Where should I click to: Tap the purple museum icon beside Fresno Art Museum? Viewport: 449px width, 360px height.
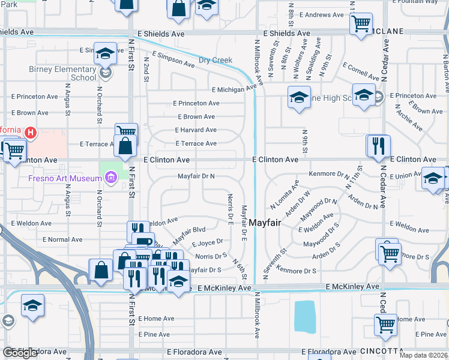110,178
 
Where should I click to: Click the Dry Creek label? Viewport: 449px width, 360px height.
215,60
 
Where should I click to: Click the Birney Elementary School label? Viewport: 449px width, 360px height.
63,73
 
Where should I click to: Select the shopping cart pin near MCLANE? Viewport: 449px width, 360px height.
360,24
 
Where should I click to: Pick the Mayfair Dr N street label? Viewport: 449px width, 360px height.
196,176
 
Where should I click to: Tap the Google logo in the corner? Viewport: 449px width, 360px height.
20,353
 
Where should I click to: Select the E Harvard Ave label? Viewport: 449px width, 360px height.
196,130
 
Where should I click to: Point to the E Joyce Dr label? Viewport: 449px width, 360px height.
207,244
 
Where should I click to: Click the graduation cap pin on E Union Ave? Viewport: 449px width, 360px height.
433,178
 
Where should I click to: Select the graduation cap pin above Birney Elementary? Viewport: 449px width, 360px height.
105,53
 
